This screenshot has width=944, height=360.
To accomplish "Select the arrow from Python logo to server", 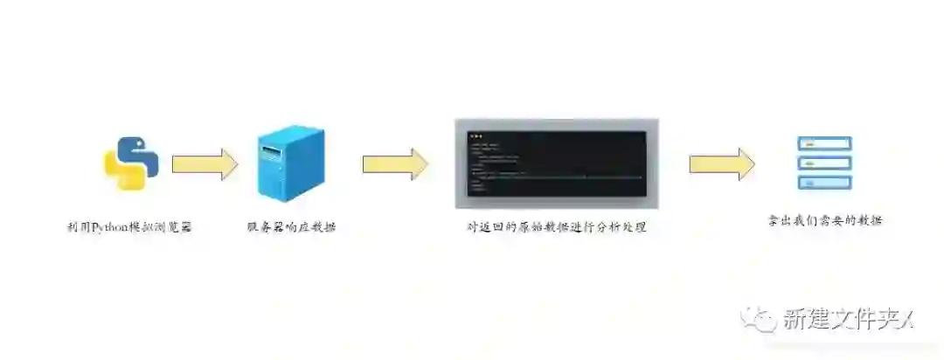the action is point(204,163).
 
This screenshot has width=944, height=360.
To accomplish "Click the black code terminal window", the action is point(557,166).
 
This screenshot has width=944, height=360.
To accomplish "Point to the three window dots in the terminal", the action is point(475,136).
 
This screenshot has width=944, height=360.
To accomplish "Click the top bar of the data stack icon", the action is point(823,142).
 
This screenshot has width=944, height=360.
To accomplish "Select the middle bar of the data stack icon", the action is point(823,163).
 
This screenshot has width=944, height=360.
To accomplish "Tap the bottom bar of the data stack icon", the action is point(823,183).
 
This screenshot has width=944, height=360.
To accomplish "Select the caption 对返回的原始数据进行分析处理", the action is point(557,227).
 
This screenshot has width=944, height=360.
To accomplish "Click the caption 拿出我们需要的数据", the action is point(823,220).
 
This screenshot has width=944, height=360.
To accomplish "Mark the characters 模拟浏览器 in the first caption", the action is point(159,227).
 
